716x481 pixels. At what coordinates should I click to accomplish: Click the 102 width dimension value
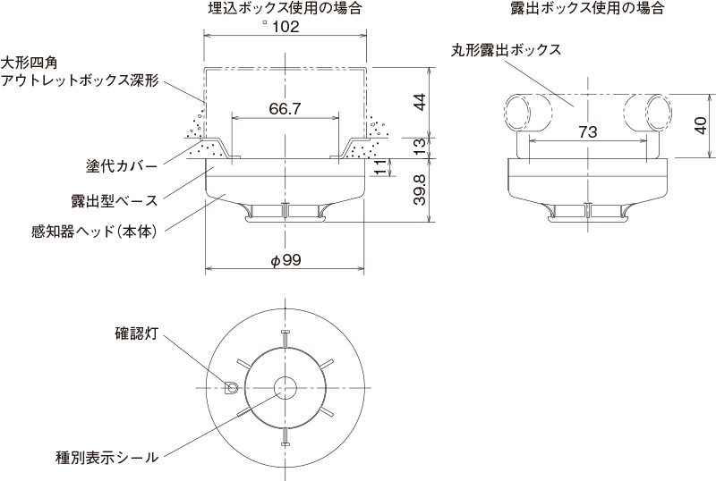pyautogui.click(x=285, y=27)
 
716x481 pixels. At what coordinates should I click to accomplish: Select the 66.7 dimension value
pyautogui.click(x=285, y=108)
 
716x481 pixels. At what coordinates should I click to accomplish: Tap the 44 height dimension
pyautogui.click(x=419, y=101)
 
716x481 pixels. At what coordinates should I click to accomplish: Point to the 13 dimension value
pyautogui.click(x=419, y=147)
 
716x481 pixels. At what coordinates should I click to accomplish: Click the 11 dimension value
pyautogui.click(x=381, y=167)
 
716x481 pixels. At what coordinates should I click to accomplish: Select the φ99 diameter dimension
pyautogui.click(x=285, y=260)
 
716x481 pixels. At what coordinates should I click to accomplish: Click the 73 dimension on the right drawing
pyautogui.click(x=587, y=131)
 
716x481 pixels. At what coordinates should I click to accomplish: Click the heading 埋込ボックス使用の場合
pyautogui.click(x=285, y=8)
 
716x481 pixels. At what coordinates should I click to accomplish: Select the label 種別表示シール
pyautogui.click(x=107, y=457)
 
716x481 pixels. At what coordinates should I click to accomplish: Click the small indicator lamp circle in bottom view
pyautogui.click(x=232, y=388)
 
